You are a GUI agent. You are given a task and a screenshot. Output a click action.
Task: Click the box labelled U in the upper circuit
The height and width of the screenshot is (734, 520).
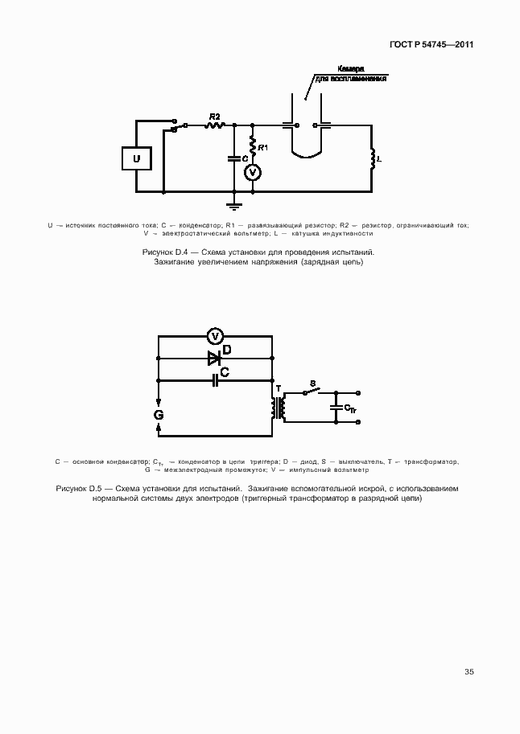click(137, 159)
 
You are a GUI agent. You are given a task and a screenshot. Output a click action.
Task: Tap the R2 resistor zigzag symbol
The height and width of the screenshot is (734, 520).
click(213, 125)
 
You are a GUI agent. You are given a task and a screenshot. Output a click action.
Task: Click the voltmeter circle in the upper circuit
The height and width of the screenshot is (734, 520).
click(253, 172)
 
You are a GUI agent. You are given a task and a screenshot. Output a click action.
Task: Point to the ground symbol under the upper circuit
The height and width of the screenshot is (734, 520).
click(235, 202)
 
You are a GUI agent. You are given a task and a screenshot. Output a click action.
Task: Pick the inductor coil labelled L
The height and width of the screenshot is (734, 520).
click(372, 159)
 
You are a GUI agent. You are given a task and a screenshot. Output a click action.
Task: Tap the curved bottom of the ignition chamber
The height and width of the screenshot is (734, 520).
click(306, 154)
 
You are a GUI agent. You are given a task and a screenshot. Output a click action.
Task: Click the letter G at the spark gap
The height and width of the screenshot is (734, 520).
click(159, 415)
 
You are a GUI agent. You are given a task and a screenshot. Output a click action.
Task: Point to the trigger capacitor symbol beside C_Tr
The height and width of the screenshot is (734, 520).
click(336, 408)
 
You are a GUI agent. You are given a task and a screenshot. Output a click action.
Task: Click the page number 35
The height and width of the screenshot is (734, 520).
click(469, 671)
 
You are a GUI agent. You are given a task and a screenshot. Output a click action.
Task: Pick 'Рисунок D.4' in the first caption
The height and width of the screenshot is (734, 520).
click(165, 252)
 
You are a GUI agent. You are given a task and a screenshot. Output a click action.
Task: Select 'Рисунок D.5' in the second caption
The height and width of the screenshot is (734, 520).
click(80, 489)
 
